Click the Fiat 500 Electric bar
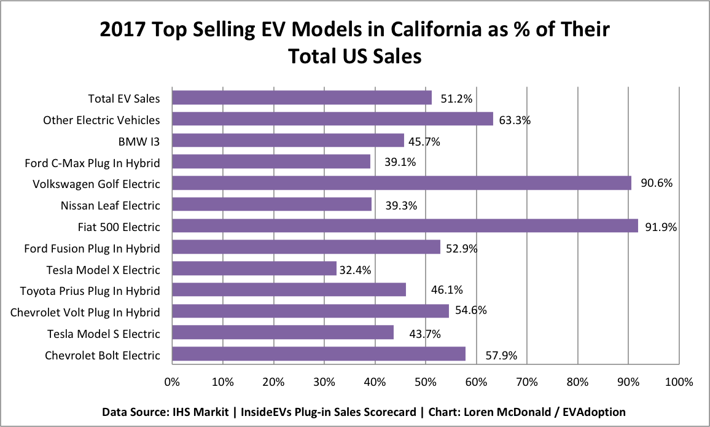click(x=405, y=226)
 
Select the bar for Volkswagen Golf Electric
click(x=402, y=184)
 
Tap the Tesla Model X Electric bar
click(x=254, y=268)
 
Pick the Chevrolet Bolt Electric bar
click(x=319, y=354)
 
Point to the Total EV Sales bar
click(x=302, y=98)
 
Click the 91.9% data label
click(x=660, y=227)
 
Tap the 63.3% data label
click(x=514, y=120)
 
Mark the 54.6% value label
click(x=470, y=310)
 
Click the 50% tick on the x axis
click(x=426, y=382)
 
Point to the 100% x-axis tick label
click(x=678, y=382)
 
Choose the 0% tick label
click(x=172, y=382)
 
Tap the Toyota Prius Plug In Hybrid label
click(x=90, y=291)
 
